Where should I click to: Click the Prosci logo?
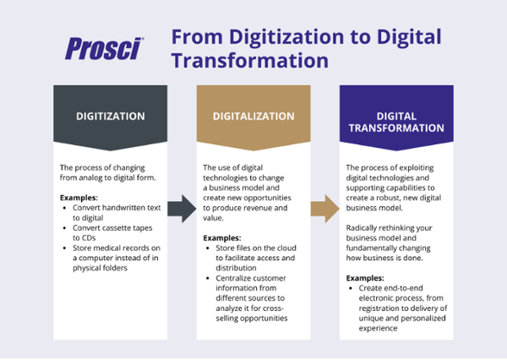tap(104, 48)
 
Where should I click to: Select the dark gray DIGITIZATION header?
tap(111, 117)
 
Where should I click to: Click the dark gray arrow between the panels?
tap(181, 208)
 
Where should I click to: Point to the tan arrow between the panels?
tap(324, 208)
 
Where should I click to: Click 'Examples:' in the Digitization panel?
tap(79, 196)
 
